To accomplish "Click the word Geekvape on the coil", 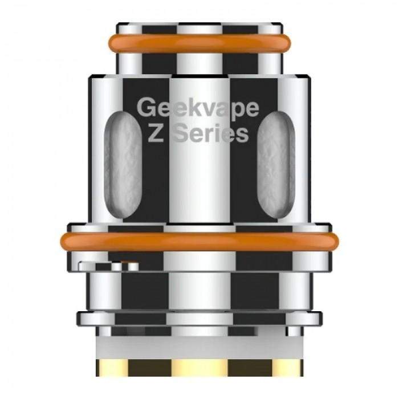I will tap(199, 108).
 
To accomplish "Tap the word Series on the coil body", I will tap(213, 134).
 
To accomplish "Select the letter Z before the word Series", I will tap(159, 134).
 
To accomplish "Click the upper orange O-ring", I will tap(199, 43).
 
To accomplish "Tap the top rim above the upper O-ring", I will tap(199, 27).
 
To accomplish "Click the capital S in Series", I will tap(182, 134).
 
